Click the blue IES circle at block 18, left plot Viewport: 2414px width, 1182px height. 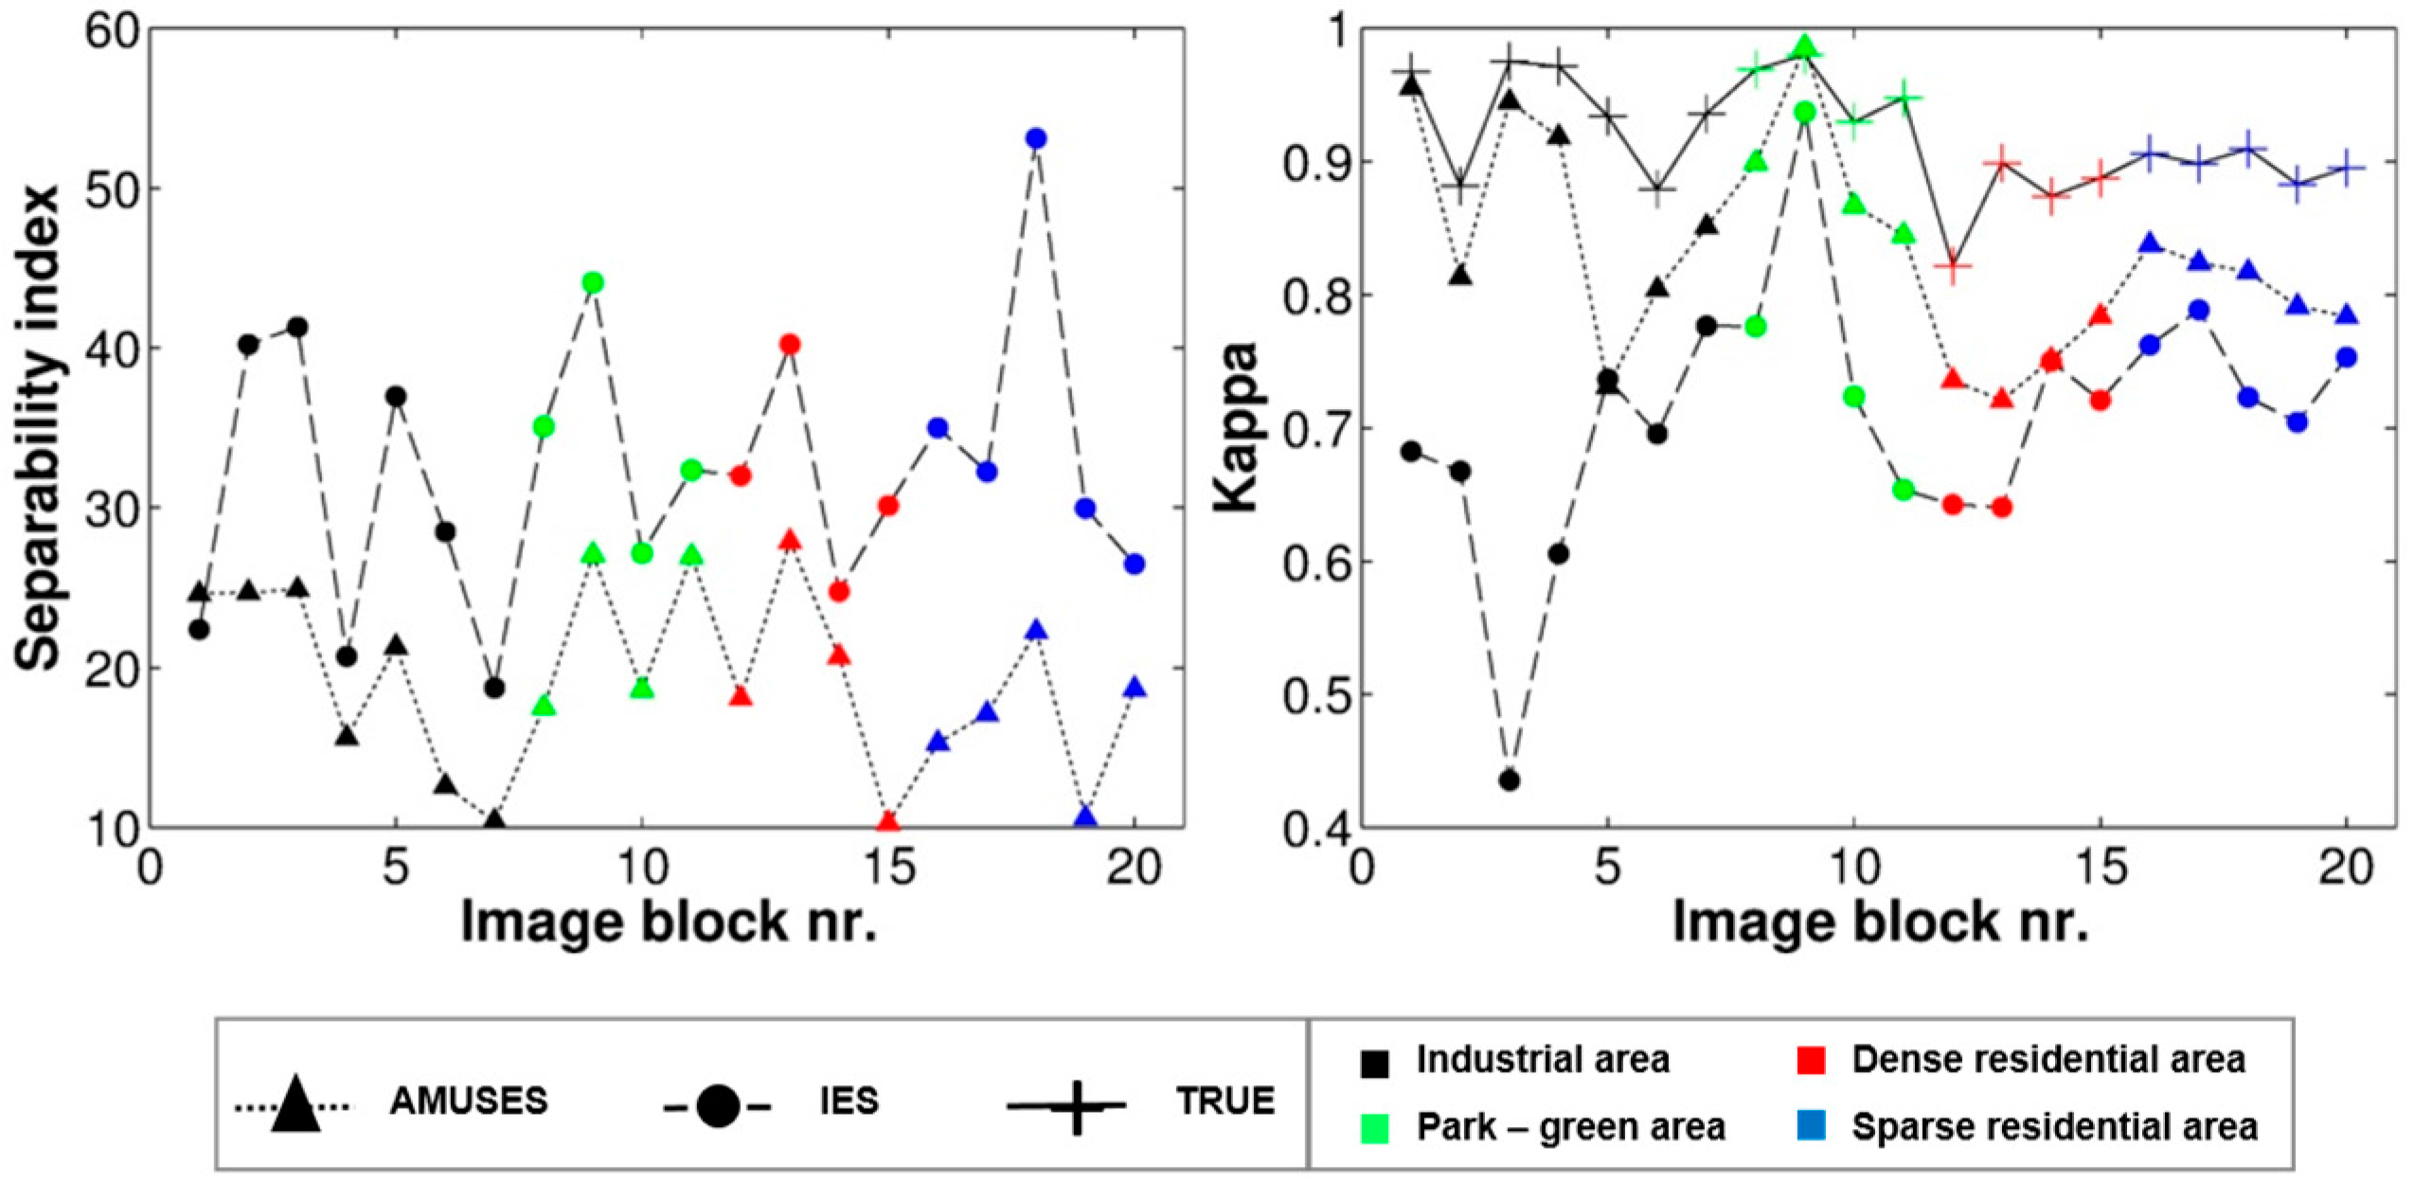click(1036, 138)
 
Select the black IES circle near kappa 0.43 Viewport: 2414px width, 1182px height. click(1510, 780)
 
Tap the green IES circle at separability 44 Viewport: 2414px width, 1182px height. click(594, 282)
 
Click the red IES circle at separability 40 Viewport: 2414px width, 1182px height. click(790, 344)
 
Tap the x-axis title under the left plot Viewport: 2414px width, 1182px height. click(669, 922)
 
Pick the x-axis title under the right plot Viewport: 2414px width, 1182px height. click(1881, 922)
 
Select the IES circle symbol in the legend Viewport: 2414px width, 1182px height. click(717, 1105)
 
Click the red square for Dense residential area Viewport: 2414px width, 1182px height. click(1811, 1062)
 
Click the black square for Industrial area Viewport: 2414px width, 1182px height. click(1374, 1063)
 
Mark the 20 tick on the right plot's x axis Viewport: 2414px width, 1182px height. click(2347, 869)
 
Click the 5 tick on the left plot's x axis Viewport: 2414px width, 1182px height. click(396, 869)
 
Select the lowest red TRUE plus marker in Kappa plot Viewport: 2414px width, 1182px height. click(1952, 268)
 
